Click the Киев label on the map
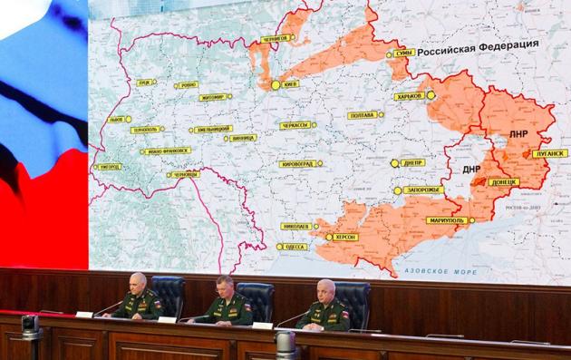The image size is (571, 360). [292, 84]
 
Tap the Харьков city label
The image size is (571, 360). [410, 95]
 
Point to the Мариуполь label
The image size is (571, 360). [446, 220]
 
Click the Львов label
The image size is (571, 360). [116, 119]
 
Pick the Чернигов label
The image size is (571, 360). [277, 38]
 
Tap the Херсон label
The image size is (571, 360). [345, 237]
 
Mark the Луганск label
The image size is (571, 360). [551, 153]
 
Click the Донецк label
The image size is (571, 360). [504, 182]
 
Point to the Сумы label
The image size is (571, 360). [404, 54]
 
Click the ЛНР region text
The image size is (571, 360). [518, 134]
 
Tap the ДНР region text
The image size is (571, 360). [471, 169]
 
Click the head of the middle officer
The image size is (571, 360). [225, 287]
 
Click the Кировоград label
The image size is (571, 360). [299, 164]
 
